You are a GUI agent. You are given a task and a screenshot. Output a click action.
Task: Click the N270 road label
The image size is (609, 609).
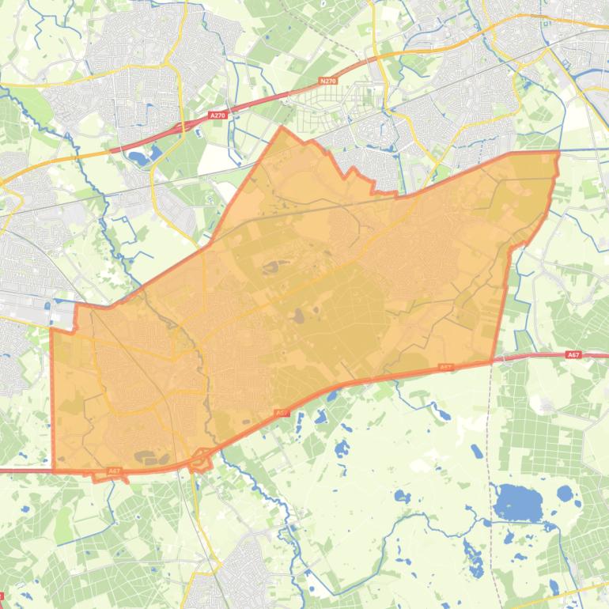328,81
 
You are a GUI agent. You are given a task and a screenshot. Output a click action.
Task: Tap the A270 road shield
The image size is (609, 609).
218,115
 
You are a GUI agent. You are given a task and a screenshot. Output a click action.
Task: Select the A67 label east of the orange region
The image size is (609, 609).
573,355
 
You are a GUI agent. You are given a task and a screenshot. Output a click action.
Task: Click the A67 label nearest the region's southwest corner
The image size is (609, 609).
114,471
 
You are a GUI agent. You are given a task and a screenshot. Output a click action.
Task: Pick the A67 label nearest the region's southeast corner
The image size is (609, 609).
445,367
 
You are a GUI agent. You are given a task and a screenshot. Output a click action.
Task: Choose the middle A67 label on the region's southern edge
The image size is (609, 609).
282,413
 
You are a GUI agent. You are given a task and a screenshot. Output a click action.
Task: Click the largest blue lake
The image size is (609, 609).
518,501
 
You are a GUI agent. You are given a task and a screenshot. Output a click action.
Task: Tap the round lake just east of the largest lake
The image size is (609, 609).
564,494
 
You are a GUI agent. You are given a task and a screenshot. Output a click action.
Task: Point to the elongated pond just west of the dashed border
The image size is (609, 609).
477,452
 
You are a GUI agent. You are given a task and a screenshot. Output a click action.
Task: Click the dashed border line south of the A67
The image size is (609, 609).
491,443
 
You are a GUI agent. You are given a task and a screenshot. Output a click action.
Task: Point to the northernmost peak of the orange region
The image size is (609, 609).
282,127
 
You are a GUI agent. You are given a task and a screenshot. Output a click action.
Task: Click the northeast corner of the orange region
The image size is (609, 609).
558,152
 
